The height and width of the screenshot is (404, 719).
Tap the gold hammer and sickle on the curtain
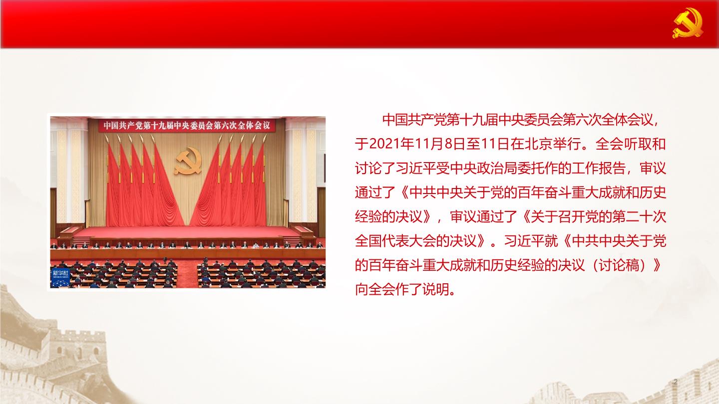click(188, 161)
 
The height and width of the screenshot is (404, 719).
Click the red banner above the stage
click(187, 125)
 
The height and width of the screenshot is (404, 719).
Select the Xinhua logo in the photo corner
click(61, 278)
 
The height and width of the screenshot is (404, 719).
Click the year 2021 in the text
click(384, 144)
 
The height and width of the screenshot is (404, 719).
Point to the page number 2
click(676, 382)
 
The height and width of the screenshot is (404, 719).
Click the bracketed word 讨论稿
click(619, 265)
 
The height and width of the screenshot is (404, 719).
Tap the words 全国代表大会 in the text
click(395, 241)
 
